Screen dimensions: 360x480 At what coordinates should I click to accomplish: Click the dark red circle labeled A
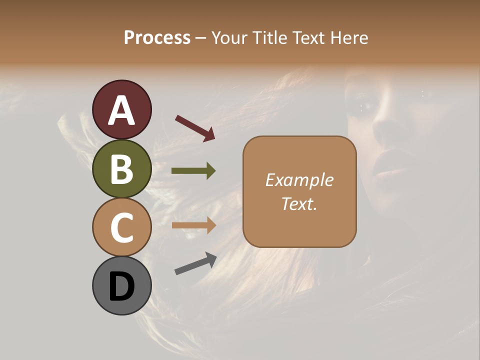122,109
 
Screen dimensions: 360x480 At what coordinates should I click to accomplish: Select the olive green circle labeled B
122,168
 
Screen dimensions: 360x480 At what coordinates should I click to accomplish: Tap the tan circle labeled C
122,227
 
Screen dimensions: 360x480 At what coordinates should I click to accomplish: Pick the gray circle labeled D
122,285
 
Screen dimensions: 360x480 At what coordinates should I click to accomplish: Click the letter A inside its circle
122,110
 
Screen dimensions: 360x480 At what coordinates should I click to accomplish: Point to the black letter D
122,287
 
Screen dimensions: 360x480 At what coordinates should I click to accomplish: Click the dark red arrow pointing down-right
195,128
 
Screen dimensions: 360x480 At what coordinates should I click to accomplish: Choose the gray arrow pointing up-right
195,263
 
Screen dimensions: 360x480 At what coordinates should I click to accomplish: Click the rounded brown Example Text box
299,191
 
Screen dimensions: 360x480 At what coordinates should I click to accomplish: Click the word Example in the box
299,180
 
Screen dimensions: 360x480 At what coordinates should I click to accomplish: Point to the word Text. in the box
299,203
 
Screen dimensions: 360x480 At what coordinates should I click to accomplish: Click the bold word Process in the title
157,37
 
